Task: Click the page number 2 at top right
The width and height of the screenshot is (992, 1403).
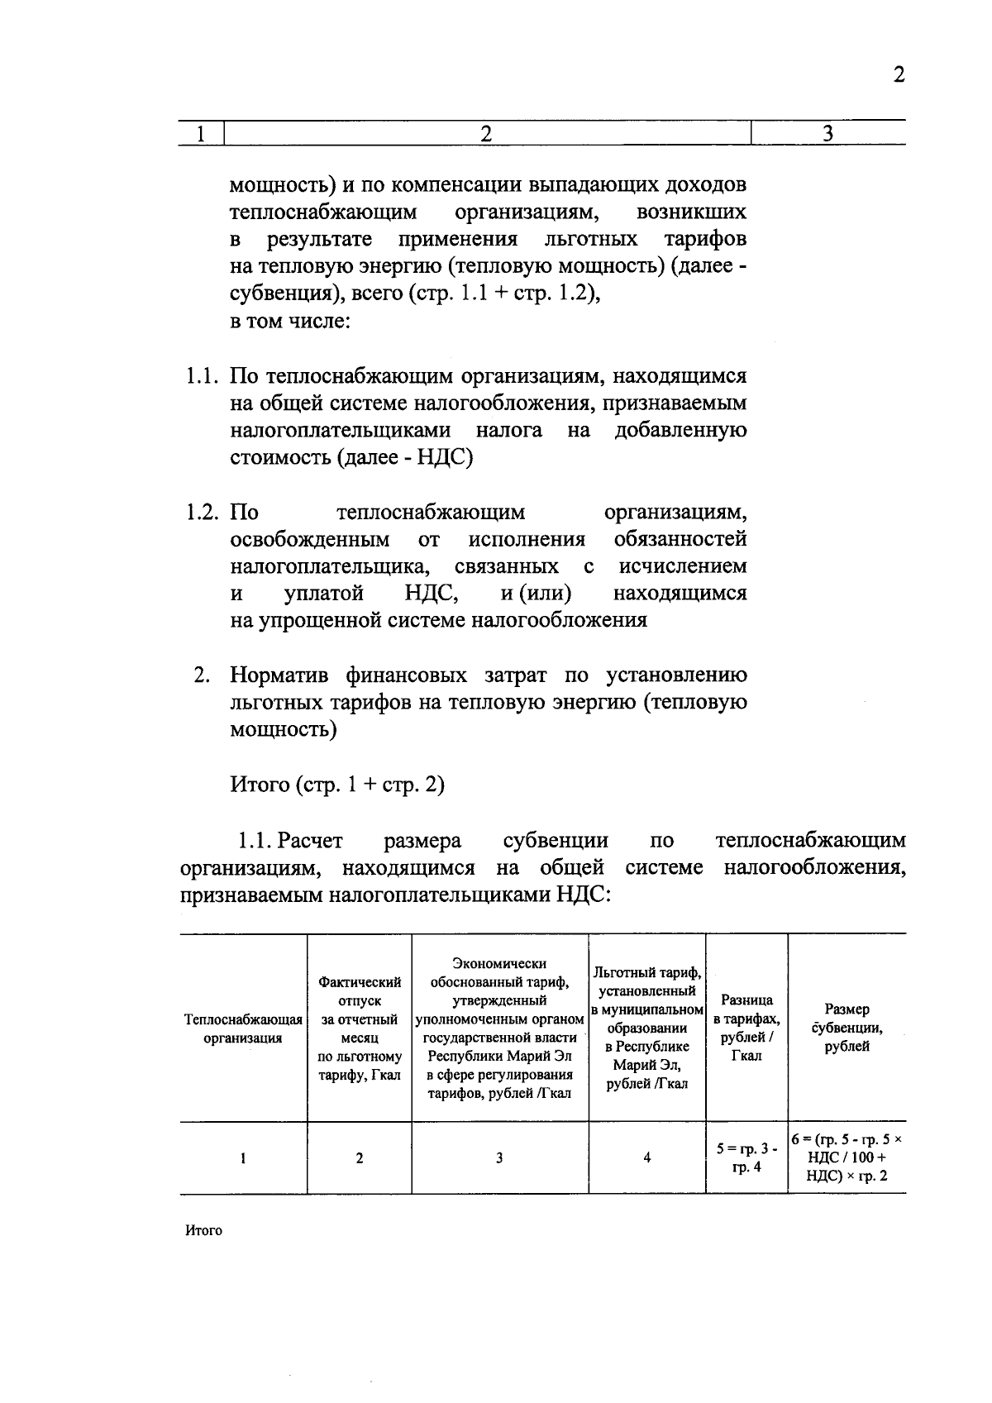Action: tap(899, 75)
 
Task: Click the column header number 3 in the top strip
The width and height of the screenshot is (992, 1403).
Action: tap(827, 133)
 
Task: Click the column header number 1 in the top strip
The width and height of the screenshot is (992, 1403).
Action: tap(200, 133)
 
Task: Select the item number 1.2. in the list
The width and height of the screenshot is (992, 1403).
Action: tap(202, 513)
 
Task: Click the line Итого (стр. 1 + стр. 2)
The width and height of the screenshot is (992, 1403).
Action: tap(337, 785)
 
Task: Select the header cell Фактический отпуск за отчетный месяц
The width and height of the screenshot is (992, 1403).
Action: tap(360, 1028)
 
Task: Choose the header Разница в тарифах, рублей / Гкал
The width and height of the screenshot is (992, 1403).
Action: tap(746, 1028)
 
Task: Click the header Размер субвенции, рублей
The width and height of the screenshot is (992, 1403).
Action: tap(847, 1028)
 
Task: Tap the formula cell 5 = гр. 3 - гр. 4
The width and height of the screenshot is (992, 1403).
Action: tap(746, 1157)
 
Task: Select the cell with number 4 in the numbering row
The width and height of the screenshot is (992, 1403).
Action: tap(646, 1158)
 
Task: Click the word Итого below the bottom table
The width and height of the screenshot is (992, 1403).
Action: tap(203, 1230)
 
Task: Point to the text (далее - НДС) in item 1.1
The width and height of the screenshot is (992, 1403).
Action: tap(405, 457)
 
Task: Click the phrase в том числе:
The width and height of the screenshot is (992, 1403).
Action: tap(290, 321)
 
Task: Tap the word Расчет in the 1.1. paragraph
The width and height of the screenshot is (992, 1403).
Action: tap(310, 841)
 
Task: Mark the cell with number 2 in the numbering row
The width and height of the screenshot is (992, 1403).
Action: tap(360, 1158)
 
